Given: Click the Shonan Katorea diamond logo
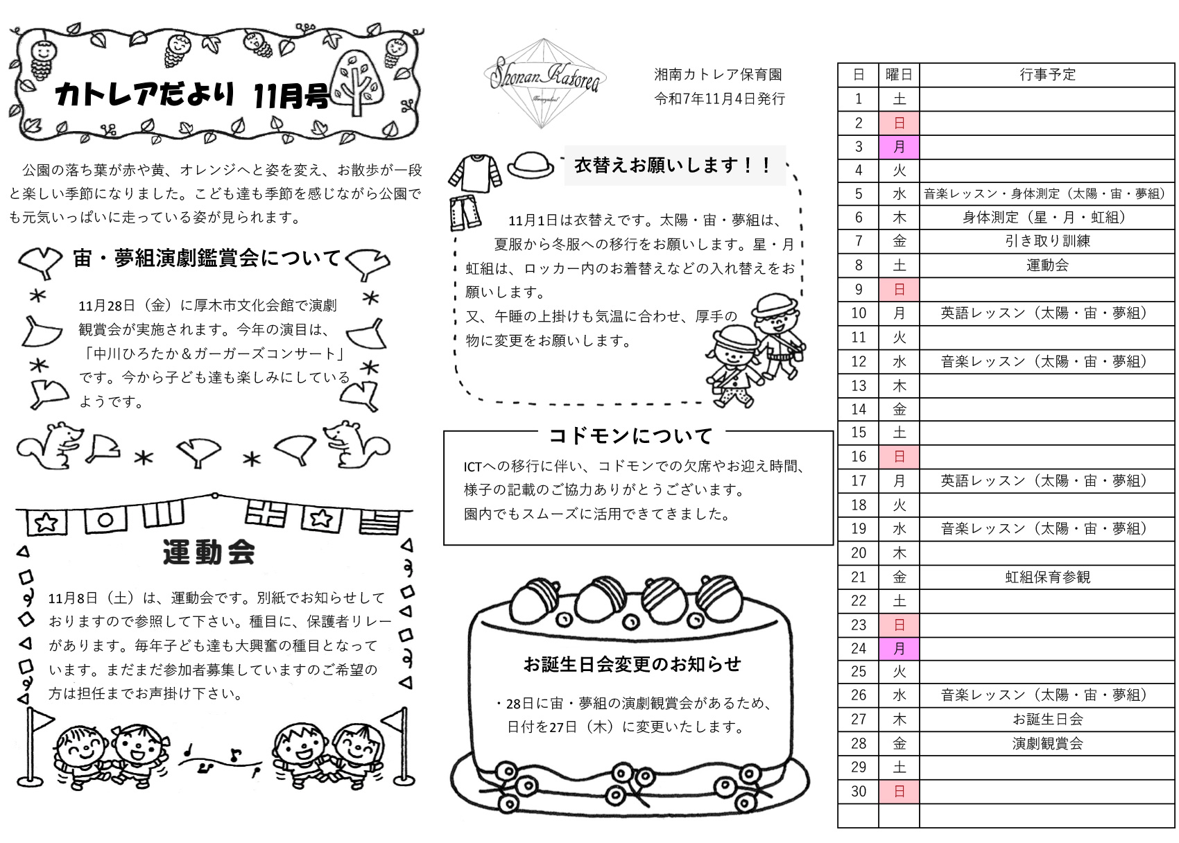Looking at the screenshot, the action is pos(544,83).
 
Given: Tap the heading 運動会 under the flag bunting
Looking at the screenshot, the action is pos(209,552).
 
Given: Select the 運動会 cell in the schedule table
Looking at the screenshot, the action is pos(1047,266).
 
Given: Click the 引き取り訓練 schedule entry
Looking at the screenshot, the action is pos(1047,241).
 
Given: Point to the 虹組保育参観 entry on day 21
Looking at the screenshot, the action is pos(1047,577).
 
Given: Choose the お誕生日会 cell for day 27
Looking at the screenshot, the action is pos(1047,720).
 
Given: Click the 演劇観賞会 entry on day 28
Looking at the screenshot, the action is pos(1047,744).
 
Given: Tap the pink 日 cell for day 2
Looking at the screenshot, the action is pos(899,123).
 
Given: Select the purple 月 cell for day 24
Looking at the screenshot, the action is pos(899,649).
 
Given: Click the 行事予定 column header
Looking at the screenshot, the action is pos(1047,75).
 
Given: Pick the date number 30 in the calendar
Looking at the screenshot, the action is pos(859,792).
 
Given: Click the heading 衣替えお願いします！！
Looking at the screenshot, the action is pos(673,165).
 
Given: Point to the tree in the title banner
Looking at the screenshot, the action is pos(357,82).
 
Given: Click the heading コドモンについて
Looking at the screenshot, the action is pos(630,436).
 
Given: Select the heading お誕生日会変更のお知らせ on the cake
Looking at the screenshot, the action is pos(632,665).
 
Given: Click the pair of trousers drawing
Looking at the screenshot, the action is pos(465,213).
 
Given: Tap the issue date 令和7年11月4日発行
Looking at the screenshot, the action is pos(719,99).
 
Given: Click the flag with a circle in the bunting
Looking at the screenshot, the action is pos(106,519).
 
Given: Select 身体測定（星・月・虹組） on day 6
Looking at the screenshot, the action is pos(1047,217).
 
